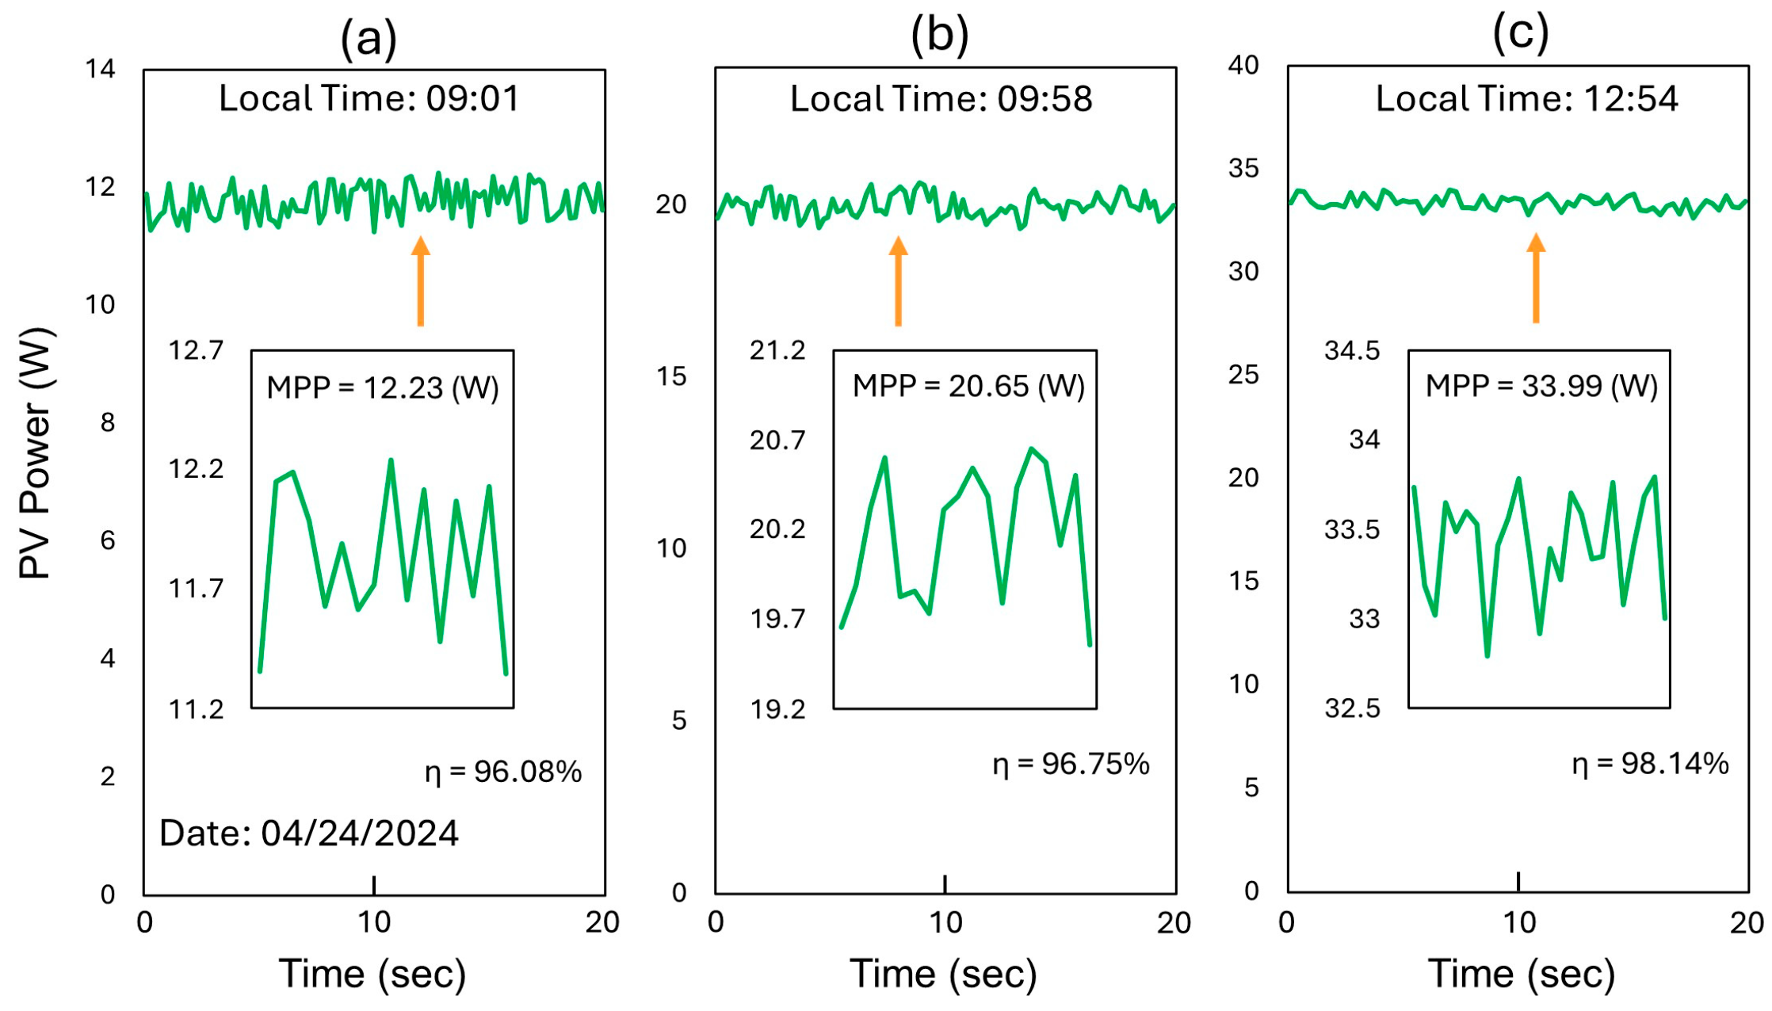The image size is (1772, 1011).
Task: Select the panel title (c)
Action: pos(1520,33)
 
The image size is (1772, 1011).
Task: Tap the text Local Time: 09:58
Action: pos(941,99)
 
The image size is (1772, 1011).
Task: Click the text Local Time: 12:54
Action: pos(1526,99)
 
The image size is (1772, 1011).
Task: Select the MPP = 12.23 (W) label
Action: pos(383,388)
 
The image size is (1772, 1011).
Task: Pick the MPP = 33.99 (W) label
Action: pos(1541,387)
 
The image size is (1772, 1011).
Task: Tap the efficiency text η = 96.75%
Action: pos(1071,764)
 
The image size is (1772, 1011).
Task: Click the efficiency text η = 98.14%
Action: pos(1650,764)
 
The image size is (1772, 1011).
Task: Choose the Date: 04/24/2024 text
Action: pos(309,834)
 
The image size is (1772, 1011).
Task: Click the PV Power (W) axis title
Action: pos(36,452)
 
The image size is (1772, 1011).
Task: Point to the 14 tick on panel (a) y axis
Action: pos(101,70)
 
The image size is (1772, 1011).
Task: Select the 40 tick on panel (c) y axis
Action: pos(1243,65)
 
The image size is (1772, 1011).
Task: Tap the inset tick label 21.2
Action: pos(777,350)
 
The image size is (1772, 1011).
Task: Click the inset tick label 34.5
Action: pos(1351,350)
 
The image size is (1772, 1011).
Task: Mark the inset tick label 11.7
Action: pos(196,589)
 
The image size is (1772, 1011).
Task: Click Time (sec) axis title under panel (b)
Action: pos(943,974)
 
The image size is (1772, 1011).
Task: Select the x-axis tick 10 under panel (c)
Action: pos(1518,923)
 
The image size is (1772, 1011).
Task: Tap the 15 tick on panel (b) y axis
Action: pos(671,376)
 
